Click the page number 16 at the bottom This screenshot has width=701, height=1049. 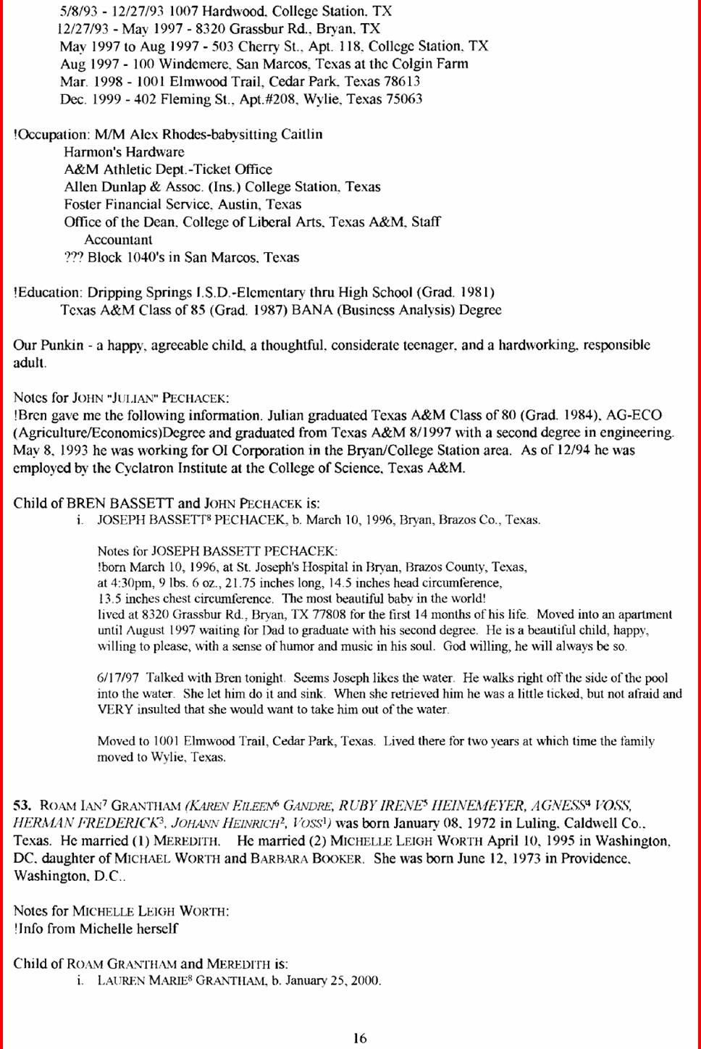click(x=360, y=1038)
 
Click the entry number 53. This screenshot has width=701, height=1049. click(x=22, y=806)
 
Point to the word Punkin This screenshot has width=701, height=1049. click(x=62, y=345)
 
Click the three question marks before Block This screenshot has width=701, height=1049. click(x=74, y=257)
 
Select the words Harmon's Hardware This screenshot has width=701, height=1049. click(x=124, y=152)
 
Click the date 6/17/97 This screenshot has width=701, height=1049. click(x=118, y=678)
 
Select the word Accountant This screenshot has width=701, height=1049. click(x=118, y=240)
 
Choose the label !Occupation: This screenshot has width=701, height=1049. click(x=51, y=135)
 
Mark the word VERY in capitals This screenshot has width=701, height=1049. click(x=115, y=709)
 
